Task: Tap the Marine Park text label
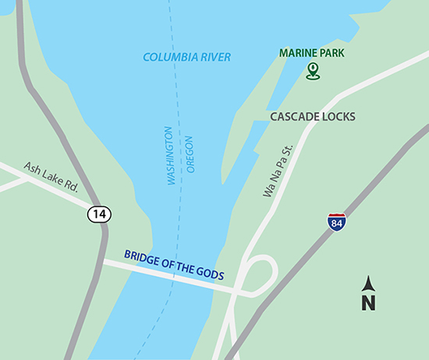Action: coord(312,54)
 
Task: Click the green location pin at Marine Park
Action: coord(313,72)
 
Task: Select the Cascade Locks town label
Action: coord(312,117)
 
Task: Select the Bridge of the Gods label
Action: coord(173,265)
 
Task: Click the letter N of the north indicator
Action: coord(369,301)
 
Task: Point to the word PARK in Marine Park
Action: coord(331,54)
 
